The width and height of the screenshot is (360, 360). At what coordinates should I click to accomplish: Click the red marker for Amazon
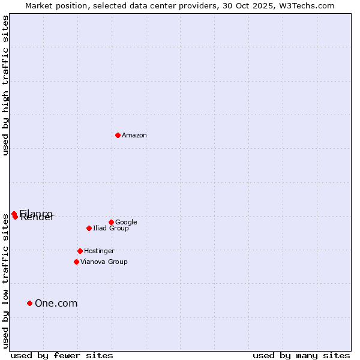click(x=118, y=135)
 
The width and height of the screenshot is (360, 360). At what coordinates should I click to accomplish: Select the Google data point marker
click(x=111, y=222)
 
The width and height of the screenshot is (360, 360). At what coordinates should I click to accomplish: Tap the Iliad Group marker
click(x=89, y=228)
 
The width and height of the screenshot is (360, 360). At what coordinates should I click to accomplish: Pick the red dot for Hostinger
click(x=80, y=251)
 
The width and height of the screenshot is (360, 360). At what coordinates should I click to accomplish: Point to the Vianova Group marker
click(x=76, y=262)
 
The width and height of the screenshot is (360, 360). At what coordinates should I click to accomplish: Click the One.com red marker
click(x=29, y=303)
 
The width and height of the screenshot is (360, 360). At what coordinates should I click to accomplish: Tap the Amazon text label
click(x=134, y=136)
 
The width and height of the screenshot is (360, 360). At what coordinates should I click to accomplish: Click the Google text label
click(x=126, y=222)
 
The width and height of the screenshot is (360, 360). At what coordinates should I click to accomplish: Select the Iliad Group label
click(x=111, y=228)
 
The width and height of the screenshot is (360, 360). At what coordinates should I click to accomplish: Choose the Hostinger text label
click(x=99, y=251)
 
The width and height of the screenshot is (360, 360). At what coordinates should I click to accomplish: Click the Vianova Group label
click(x=104, y=262)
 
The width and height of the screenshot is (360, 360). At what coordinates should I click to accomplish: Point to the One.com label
click(x=56, y=303)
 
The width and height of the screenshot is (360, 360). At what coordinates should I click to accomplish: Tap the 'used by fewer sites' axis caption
click(x=62, y=355)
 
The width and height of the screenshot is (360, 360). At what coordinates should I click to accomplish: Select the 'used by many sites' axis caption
click(x=301, y=355)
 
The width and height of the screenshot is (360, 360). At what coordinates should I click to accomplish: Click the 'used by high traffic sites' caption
click(x=5, y=86)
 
